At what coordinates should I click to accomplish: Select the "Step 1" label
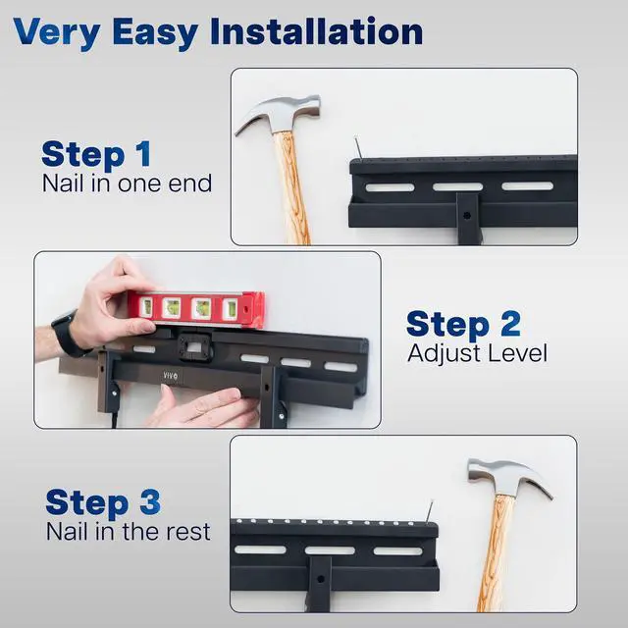tap(96, 154)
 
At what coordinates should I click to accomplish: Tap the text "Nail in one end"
tap(127, 183)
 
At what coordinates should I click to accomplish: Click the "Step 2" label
tap(463, 324)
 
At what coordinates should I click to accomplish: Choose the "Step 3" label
tap(102, 502)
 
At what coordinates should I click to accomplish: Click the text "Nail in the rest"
tap(128, 532)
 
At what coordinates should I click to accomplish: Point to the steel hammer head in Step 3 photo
tap(509, 478)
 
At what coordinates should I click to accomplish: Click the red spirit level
tap(196, 308)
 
